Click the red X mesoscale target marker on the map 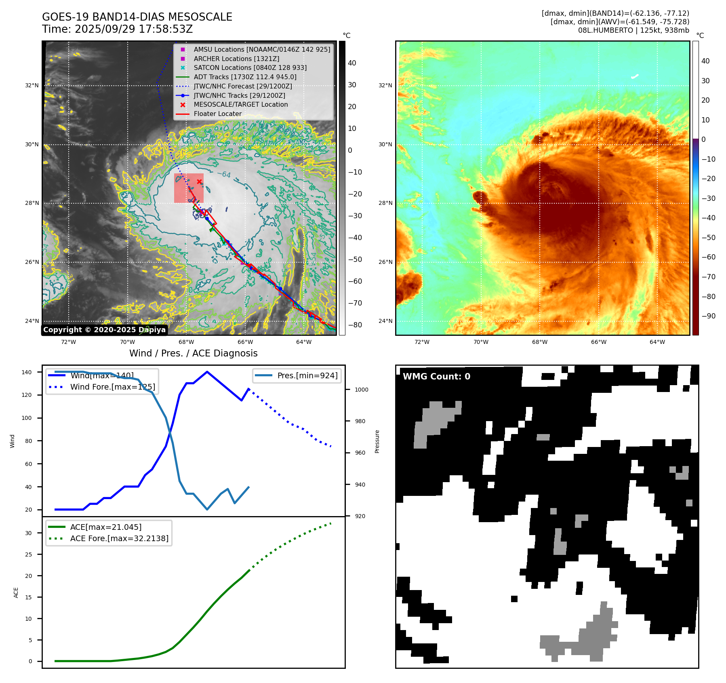pos(199,182)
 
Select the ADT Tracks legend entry pos(245,77)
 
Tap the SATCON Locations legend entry pos(250,67)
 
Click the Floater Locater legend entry pos(217,114)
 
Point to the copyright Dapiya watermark pos(104,330)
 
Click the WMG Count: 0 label pos(436,377)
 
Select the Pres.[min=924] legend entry pos(307,375)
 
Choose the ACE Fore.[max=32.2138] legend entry pos(119,538)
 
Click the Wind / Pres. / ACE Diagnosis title pos(193,353)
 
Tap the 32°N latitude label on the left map pos(32,85)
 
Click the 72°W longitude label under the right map pos(422,342)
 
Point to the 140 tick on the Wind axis pos(27,372)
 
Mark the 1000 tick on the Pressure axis pos(361,390)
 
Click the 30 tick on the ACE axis pos(28,533)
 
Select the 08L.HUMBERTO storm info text pos(633,30)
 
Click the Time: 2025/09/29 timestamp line pos(117,29)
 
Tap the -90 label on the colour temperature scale pos(708,316)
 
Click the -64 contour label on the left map pos(224,175)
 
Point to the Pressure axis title pos(377,441)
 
